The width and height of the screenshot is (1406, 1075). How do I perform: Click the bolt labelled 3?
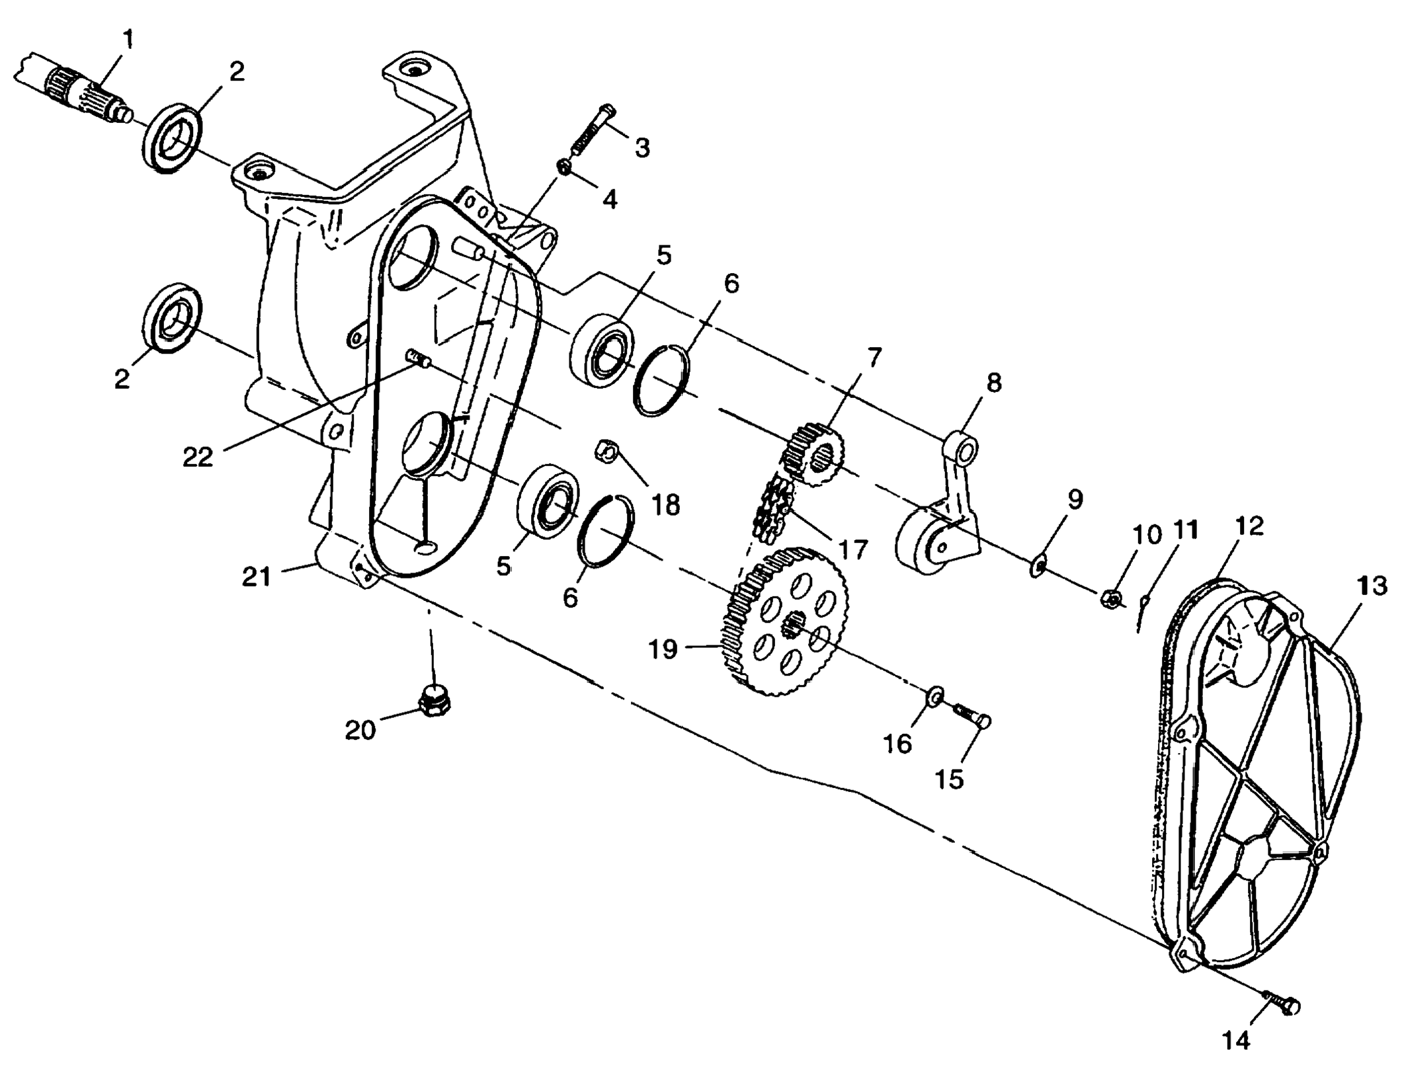coord(592,132)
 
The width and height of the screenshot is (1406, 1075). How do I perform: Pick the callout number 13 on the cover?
coord(1370,586)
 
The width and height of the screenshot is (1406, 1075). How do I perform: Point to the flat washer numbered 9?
coord(1038,566)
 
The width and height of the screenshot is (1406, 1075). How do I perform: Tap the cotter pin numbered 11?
coord(1143,612)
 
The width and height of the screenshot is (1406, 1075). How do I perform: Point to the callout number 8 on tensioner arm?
coord(993,383)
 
